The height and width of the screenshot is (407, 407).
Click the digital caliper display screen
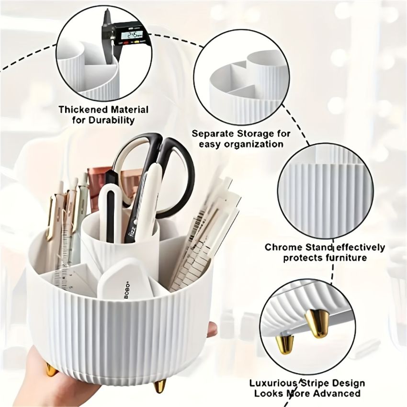coord(133,34)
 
